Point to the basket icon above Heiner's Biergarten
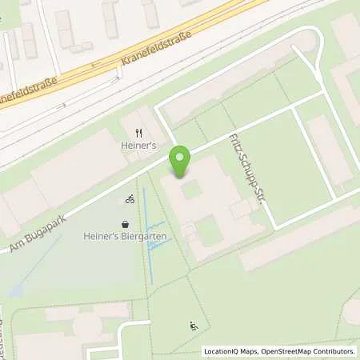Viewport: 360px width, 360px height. point(125,224)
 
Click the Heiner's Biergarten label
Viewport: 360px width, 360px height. point(125,236)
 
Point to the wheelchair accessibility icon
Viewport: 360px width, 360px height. point(193,326)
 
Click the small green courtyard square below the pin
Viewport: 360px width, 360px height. point(190,190)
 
